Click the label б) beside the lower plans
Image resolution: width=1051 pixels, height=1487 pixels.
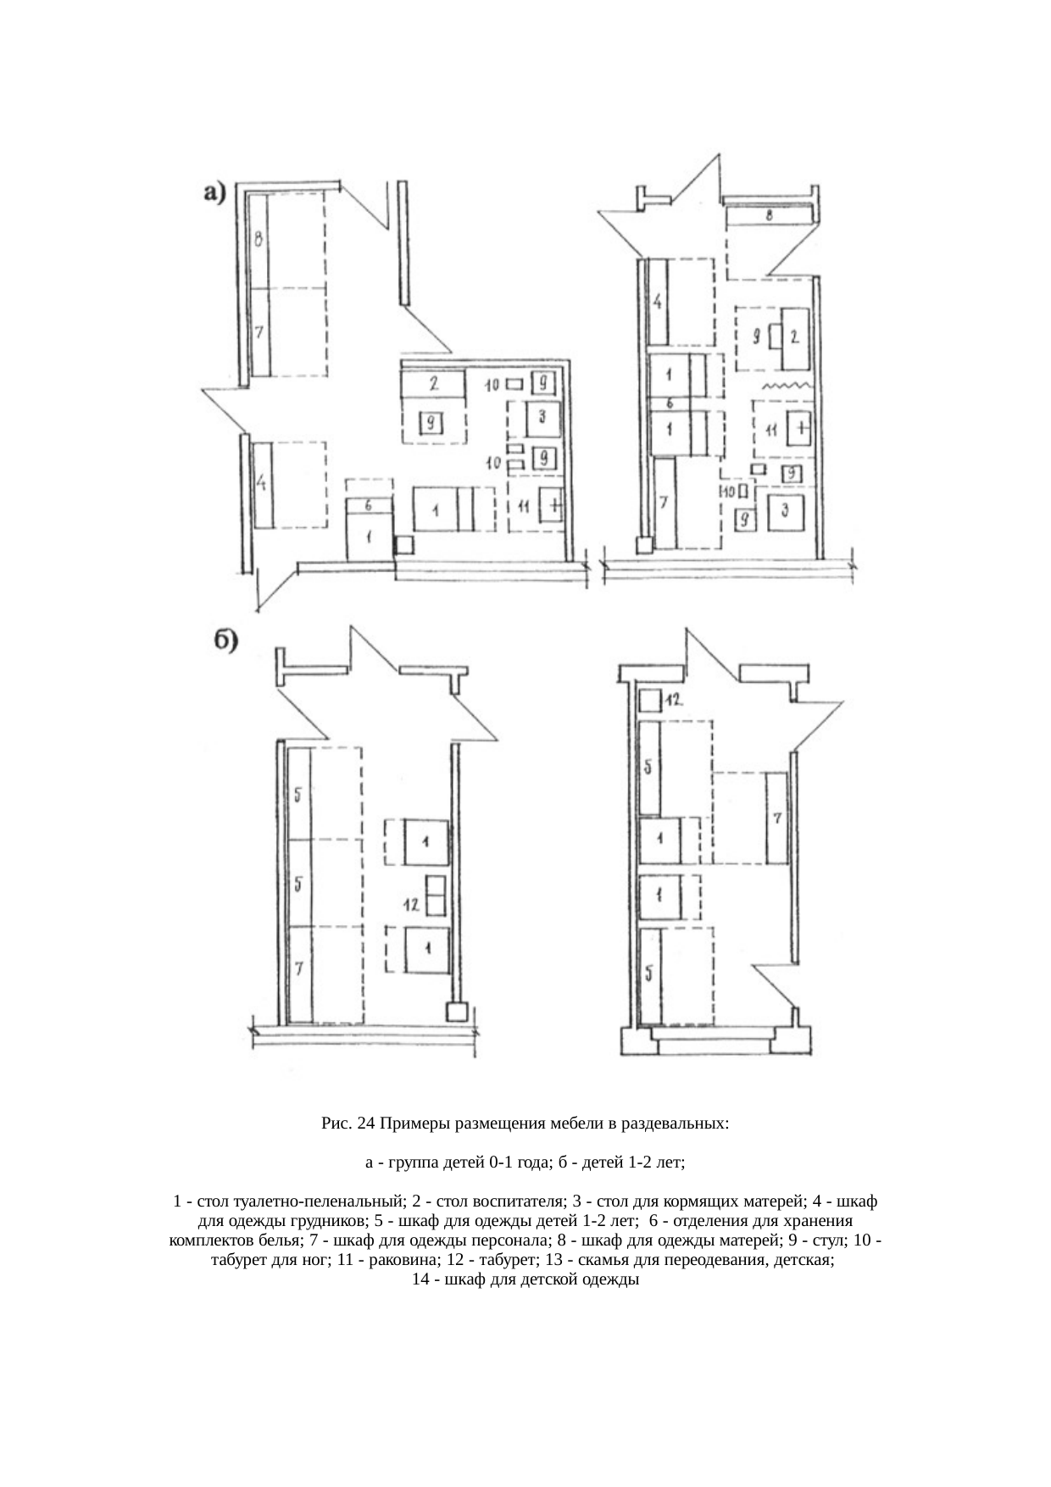(223, 640)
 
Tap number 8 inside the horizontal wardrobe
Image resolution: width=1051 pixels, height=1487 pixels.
(769, 216)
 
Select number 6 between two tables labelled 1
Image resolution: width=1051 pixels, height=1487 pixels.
(670, 402)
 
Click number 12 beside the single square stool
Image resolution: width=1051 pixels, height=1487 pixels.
(675, 701)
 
